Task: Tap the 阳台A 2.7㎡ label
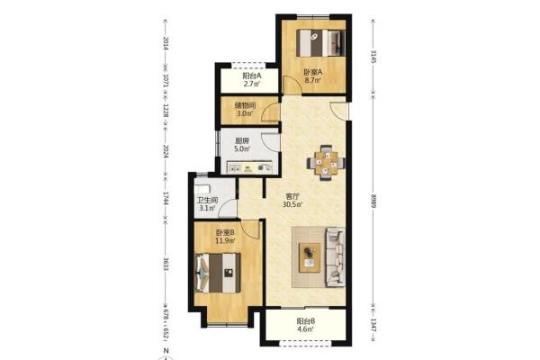252,79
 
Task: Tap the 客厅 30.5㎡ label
292,201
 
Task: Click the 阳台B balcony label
306,325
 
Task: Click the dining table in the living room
326,163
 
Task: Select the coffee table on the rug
310,257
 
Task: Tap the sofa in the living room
335,256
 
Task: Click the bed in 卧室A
321,42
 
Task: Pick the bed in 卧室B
217,274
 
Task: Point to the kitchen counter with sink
249,167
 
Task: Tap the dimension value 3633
166,264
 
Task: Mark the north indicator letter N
166,351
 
